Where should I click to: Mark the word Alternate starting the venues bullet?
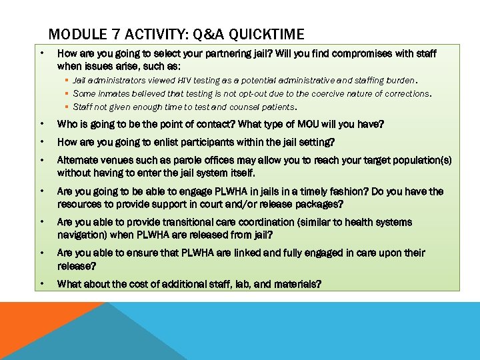79,161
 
